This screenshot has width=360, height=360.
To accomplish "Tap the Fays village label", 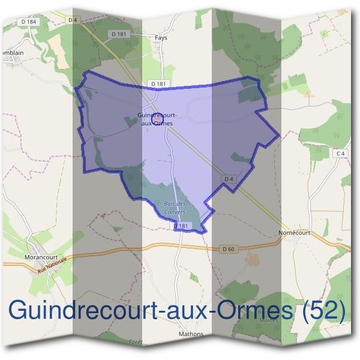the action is click(x=161, y=37).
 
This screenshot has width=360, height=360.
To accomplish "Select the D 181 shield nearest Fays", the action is click(x=119, y=34).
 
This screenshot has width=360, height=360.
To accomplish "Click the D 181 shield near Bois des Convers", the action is click(x=182, y=226).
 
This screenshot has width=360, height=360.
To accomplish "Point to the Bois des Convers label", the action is click(x=175, y=208).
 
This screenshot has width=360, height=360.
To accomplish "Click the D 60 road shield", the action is click(x=227, y=248).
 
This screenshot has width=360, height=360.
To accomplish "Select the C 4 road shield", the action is click(x=341, y=154).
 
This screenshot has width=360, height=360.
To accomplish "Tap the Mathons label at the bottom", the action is click(x=191, y=334).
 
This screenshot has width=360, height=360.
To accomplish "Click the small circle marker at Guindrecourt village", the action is click(x=157, y=119).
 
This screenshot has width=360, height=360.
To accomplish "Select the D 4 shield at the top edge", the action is click(x=73, y=20).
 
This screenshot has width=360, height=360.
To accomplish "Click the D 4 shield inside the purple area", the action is click(x=228, y=178).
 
